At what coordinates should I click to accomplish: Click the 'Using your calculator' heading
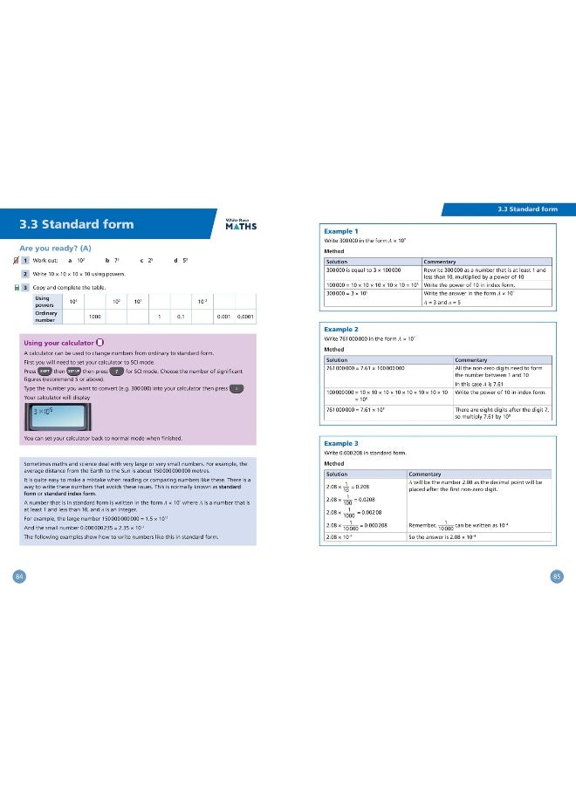coord(58,342)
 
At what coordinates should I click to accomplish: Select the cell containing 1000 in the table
coord(94,317)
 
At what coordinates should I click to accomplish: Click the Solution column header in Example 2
coord(336,359)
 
